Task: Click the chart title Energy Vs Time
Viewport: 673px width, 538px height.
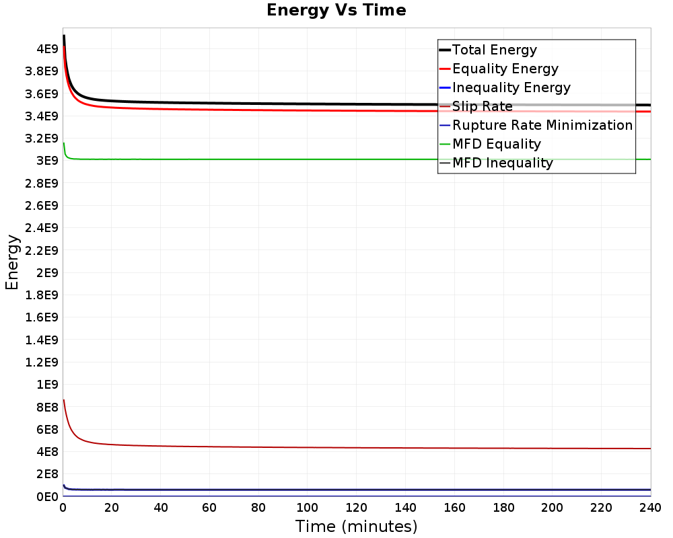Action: pos(336,10)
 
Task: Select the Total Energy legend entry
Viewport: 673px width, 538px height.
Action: pos(488,50)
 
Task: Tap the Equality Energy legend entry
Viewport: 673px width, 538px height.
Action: pos(499,69)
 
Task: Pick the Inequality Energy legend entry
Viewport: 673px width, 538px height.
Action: pos(505,87)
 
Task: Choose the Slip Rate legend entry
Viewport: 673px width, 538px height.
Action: pos(476,106)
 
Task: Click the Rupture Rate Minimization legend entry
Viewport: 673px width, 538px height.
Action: pos(536,125)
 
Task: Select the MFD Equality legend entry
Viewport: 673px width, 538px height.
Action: pos(490,144)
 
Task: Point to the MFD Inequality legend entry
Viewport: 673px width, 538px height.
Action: pos(496,163)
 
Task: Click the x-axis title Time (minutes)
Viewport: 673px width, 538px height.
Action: pos(356,527)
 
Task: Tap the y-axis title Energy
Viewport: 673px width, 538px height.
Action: pos(12,262)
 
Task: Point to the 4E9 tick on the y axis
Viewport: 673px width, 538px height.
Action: pos(47,49)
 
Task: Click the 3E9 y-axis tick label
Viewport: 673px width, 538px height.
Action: pos(47,161)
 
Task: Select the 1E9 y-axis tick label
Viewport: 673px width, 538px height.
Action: pos(47,385)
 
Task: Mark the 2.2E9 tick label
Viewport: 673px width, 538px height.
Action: pos(42,251)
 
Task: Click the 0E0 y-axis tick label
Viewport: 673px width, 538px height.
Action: pos(47,497)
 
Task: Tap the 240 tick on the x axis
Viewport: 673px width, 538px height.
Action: pos(650,508)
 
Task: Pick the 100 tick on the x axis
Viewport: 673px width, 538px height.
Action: pos(308,508)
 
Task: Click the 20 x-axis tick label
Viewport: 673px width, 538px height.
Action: pos(112,508)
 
